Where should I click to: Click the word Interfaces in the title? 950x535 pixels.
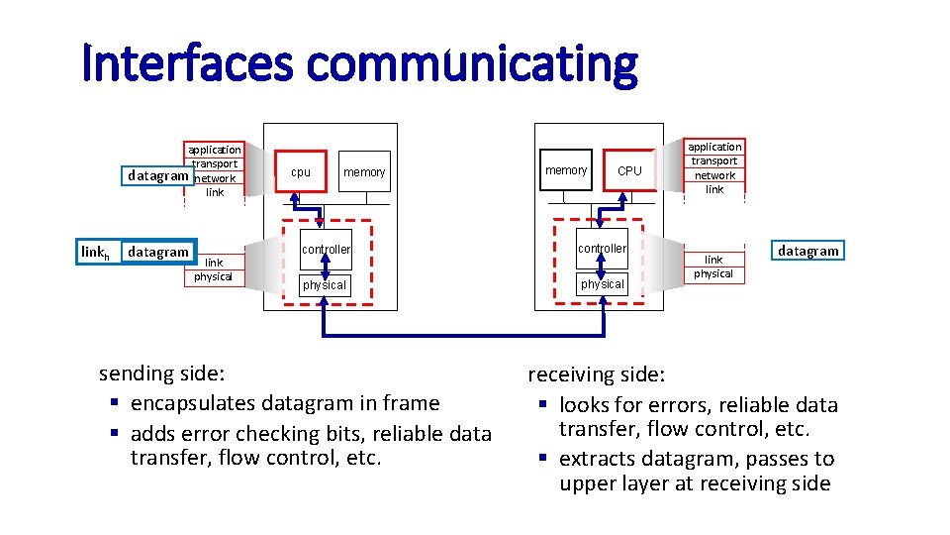(188, 63)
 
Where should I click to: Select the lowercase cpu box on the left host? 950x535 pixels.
(301, 172)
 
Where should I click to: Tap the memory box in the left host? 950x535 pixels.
(364, 172)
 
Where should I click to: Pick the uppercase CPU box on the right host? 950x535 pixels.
(629, 170)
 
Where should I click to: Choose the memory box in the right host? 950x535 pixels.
(566, 170)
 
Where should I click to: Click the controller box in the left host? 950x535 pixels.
(327, 250)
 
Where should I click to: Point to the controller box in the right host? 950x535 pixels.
(602, 249)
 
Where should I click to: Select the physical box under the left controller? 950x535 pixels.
(325, 285)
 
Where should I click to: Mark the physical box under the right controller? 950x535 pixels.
(602, 284)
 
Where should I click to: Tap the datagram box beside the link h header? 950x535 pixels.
(158, 252)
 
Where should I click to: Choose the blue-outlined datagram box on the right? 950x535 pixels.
(808, 251)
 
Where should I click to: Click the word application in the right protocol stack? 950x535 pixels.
(714, 147)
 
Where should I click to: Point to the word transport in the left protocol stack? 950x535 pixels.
(215, 163)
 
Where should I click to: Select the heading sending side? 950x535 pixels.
(162, 374)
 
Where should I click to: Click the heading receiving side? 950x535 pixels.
(597, 375)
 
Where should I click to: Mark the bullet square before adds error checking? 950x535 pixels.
(115, 434)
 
